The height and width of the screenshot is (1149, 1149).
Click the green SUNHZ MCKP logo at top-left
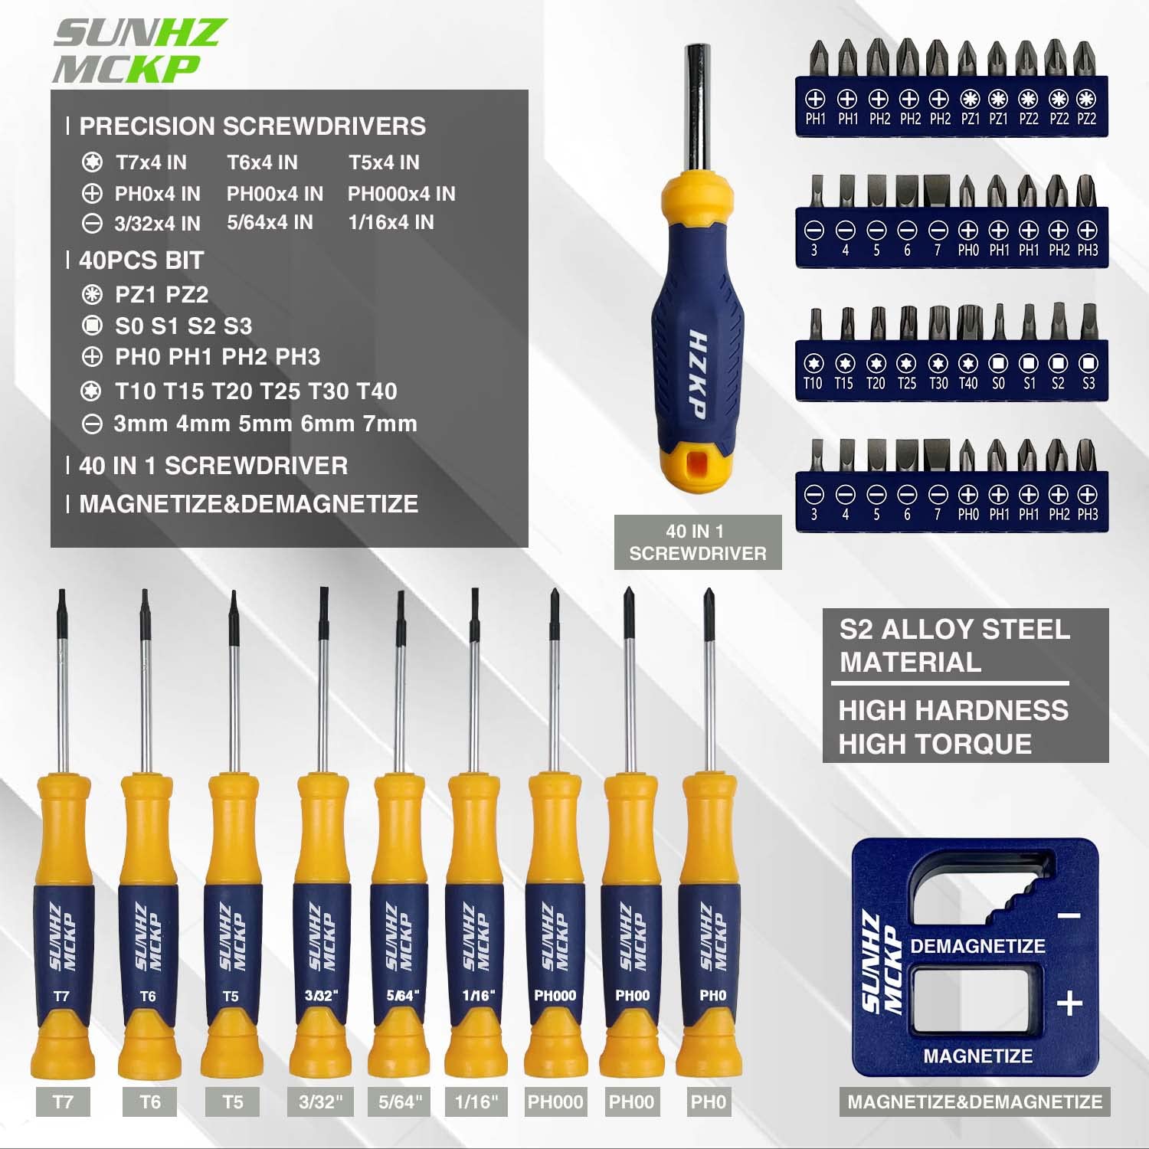[x=138, y=51]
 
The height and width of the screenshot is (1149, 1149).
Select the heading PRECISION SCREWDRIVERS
[x=252, y=126]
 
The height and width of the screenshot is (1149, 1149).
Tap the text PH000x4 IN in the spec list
[x=401, y=194]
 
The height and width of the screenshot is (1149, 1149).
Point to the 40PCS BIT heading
[x=141, y=260]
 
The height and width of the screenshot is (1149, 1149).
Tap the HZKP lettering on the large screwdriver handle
[x=696, y=375]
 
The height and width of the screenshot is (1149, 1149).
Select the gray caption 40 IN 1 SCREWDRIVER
[x=697, y=542]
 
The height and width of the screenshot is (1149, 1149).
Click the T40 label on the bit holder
[x=968, y=384]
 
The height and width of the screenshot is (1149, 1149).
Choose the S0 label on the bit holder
[x=998, y=384]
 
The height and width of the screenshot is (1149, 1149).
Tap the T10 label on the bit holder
[x=813, y=384]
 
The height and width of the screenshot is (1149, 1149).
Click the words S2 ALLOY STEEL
[x=954, y=630]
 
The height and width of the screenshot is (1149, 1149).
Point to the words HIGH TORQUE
[x=935, y=744]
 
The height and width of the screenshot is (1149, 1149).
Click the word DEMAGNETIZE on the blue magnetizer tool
[x=977, y=946]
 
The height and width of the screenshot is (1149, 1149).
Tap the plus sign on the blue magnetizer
[x=1069, y=1003]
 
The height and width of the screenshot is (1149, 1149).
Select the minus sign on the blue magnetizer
[x=1069, y=916]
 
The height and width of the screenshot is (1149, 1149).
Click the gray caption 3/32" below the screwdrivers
[x=321, y=1102]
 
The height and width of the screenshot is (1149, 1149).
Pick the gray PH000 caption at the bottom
[x=555, y=1102]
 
